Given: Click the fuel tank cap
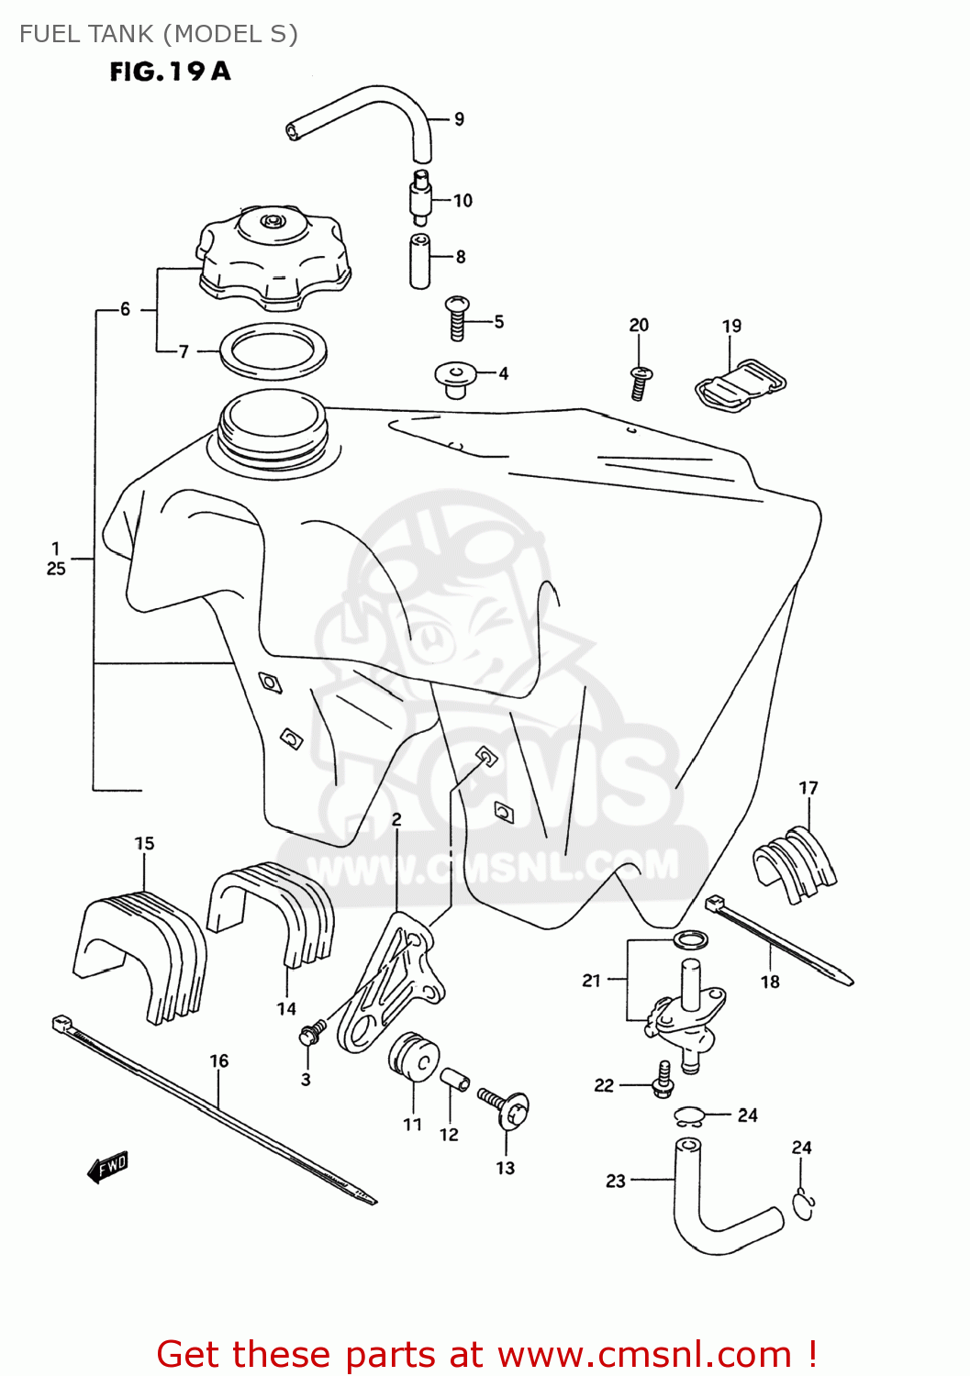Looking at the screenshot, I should point(273,257).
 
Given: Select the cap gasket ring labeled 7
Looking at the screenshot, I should point(273,351).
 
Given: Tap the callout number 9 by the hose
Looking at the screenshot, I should point(459,119).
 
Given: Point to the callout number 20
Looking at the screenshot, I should point(639,325).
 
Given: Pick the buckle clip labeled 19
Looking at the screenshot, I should point(741,383).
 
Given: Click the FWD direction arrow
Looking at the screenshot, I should point(108,1167).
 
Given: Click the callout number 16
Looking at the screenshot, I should point(218,1061).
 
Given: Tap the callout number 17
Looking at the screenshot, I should point(808,788).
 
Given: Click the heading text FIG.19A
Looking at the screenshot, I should point(170,72).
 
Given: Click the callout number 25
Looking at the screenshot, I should point(56,569).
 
